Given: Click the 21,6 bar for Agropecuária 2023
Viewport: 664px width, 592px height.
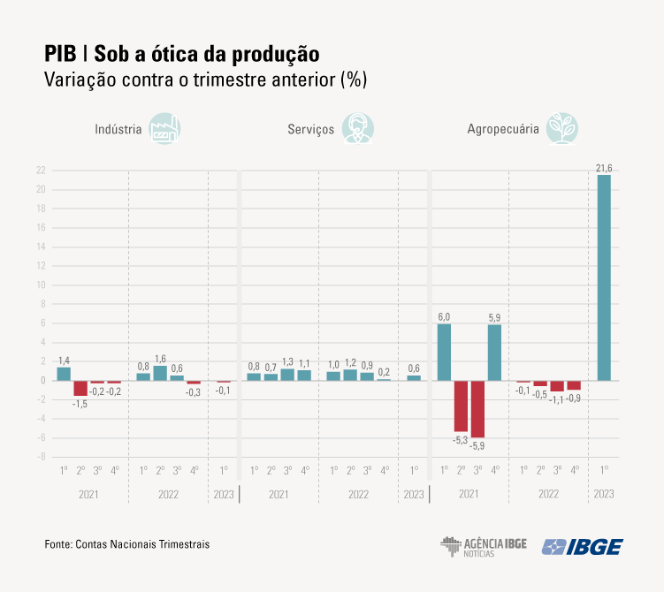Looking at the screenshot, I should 604,277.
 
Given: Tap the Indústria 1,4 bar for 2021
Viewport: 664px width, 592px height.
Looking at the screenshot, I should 64,374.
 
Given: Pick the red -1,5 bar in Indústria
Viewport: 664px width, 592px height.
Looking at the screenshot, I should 80,388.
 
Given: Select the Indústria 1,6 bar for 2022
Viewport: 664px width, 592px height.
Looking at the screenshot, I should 160,373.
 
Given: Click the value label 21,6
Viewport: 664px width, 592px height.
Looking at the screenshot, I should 604,167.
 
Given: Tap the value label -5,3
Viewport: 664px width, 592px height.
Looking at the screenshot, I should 461,438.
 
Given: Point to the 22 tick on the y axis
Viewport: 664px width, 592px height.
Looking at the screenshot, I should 41,171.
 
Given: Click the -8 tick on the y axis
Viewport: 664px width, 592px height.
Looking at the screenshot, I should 41,457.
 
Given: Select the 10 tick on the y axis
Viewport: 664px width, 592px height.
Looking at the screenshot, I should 41,285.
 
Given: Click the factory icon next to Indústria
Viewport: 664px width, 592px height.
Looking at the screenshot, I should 164,128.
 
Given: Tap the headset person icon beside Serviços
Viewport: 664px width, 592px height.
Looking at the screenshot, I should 357,128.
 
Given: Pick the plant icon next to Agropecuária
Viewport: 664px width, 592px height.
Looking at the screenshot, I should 562,128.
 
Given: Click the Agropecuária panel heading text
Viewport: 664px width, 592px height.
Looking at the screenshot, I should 503,129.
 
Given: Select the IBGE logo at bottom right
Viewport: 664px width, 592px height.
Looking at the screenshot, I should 582,546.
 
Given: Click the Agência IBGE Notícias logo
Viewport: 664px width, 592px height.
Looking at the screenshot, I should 483,546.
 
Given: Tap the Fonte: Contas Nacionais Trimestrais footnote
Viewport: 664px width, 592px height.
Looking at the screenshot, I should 127,545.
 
